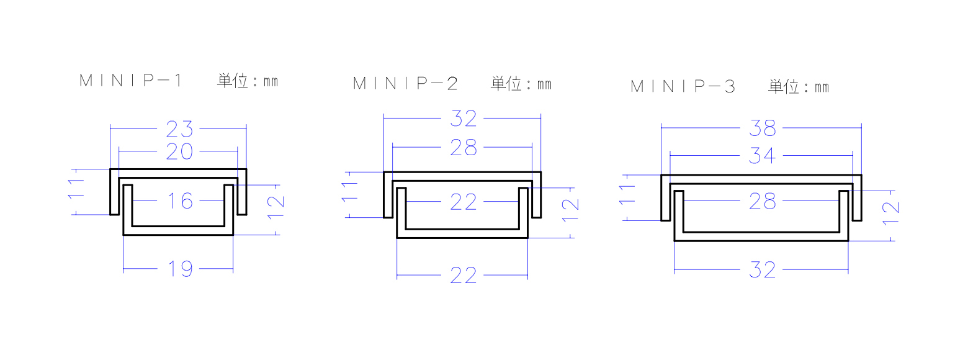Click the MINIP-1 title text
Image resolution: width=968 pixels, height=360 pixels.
click(x=130, y=81)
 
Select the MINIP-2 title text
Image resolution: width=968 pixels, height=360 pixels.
click(x=405, y=83)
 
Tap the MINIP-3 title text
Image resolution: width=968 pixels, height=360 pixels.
click(x=683, y=86)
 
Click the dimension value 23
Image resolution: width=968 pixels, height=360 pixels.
click(x=179, y=129)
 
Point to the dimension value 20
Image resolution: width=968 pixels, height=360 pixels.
click(x=179, y=151)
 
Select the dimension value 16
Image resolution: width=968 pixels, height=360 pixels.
click(x=180, y=201)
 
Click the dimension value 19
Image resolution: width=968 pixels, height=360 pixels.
click(x=180, y=269)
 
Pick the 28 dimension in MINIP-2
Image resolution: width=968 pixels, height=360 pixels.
click(x=464, y=148)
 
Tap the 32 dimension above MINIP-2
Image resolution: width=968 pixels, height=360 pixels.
click(x=464, y=119)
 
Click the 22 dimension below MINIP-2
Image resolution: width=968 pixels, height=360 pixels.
click(x=464, y=276)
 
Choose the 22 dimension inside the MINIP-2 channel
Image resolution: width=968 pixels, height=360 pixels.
click(x=464, y=202)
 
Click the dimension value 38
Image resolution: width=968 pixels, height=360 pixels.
click(x=762, y=128)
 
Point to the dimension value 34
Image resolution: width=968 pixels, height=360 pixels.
click(x=762, y=156)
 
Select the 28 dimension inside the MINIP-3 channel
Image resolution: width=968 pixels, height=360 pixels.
click(x=762, y=201)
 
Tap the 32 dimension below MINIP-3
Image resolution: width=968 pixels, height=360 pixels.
click(x=762, y=269)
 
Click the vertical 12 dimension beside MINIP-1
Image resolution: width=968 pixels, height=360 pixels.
click(x=276, y=207)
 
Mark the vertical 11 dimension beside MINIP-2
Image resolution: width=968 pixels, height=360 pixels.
click(x=349, y=192)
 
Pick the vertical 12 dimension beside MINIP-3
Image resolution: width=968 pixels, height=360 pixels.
click(x=890, y=214)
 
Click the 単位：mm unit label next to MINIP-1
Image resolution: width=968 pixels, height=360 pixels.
click(x=248, y=81)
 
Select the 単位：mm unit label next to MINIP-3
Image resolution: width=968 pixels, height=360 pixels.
click(x=799, y=87)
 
